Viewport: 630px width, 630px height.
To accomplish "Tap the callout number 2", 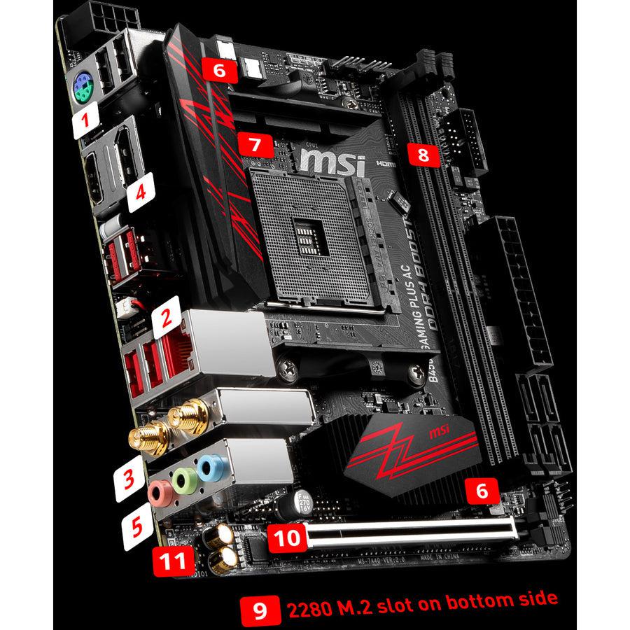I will point(166,319).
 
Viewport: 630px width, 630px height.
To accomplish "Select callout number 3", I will point(128,480).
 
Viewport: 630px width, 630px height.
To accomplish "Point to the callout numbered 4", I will point(141,192).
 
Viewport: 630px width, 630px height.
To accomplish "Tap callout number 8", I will point(423,153).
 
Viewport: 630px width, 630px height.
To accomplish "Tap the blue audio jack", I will point(209,467).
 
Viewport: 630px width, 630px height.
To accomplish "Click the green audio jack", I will point(185,479).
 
